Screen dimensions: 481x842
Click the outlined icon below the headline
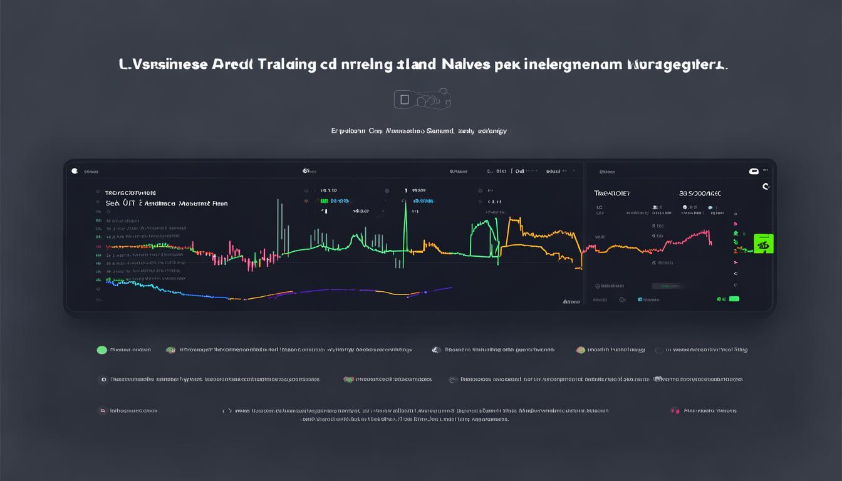[x=422, y=99]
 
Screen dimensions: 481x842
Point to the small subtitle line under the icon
[x=418, y=131]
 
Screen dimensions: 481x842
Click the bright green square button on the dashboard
[x=763, y=244]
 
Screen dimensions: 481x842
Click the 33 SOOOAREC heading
[x=700, y=194]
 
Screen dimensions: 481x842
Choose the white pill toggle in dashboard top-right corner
[x=754, y=171]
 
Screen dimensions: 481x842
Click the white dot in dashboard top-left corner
[x=75, y=170]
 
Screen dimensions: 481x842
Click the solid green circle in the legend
[x=101, y=350]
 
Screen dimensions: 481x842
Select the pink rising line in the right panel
[x=686, y=239]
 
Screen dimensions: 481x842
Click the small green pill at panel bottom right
[x=734, y=299]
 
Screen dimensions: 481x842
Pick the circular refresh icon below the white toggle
[x=766, y=187]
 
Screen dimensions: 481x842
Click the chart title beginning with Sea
[x=167, y=204]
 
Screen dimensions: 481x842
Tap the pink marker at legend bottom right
[x=675, y=411]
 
